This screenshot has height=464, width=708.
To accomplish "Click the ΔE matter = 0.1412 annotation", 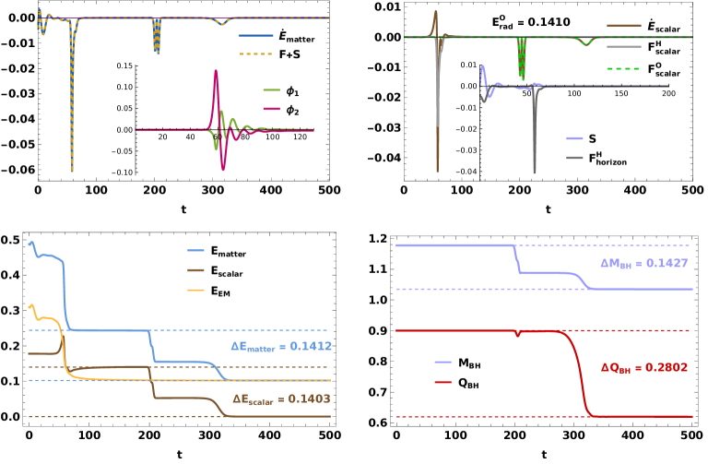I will click(280, 347).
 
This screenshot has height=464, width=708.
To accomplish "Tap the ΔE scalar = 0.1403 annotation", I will click(280, 399).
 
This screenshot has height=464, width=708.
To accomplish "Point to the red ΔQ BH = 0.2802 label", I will click(643, 367).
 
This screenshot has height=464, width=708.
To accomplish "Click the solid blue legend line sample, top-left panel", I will click(255, 36).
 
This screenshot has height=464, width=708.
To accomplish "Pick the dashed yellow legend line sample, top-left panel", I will click(255, 54).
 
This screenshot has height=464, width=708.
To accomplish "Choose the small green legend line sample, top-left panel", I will click(271, 90).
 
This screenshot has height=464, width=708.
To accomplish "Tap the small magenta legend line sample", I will click(271, 109).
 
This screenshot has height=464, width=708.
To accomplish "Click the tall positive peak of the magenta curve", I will click(215, 72).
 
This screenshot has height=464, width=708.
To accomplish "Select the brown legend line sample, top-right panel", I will click(623, 26).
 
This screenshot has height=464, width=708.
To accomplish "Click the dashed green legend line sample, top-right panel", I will click(623, 68).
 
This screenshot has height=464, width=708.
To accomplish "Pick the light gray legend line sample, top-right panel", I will click(623, 47).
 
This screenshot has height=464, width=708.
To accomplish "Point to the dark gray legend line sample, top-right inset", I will click(574, 158).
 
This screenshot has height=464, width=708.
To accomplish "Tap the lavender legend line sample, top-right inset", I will click(574, 138).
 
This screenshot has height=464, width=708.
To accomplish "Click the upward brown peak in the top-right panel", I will click(436, 13).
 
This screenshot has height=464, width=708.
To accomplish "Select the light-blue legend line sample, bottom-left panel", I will click(195, 251).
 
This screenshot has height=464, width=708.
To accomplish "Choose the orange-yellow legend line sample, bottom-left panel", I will click(195, 290).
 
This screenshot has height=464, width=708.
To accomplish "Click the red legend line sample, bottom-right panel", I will click(442, 382).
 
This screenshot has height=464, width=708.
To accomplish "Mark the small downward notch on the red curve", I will click(518, 335).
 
